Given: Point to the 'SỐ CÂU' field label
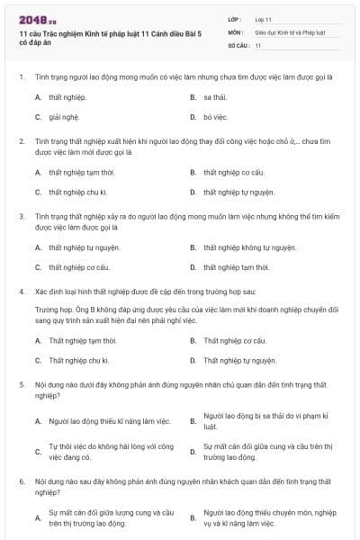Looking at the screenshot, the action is coord(238,44).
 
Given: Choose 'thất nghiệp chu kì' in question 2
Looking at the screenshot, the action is coord(78,192).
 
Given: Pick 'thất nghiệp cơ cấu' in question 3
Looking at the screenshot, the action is coord(79,267).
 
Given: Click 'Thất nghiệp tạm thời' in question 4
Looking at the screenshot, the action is coord(83,341).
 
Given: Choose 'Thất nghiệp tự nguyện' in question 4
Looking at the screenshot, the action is coord(238,361).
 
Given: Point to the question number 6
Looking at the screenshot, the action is coord(21,482).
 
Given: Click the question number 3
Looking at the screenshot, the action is coord(21,216).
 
